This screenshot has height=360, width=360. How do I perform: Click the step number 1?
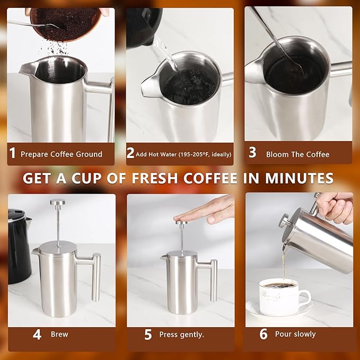coord(12,154)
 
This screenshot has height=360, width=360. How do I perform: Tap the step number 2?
coord(130,154)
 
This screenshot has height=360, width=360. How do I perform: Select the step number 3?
coord(252,153)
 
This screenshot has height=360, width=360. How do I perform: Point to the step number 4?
coord(37,335)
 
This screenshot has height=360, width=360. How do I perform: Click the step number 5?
coord(148,335)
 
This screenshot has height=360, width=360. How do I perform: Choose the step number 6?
coord(264,334)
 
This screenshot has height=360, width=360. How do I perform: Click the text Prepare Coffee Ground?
coord(62,154)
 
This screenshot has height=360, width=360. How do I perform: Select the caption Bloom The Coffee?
coord(297,154)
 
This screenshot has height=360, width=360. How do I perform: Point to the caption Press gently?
coord(182,335)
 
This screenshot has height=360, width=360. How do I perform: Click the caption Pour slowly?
coord(295,334)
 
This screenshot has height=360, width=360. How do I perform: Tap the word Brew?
coord(59,335)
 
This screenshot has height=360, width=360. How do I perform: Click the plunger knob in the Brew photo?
coord(58,202)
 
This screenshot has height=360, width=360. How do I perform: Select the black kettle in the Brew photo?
coord(19,244)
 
